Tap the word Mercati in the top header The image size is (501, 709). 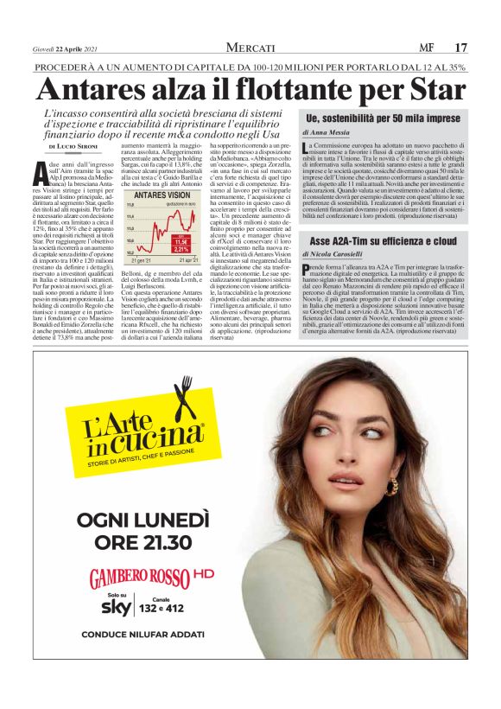point(250,47)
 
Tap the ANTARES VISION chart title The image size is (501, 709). point(162,196)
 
